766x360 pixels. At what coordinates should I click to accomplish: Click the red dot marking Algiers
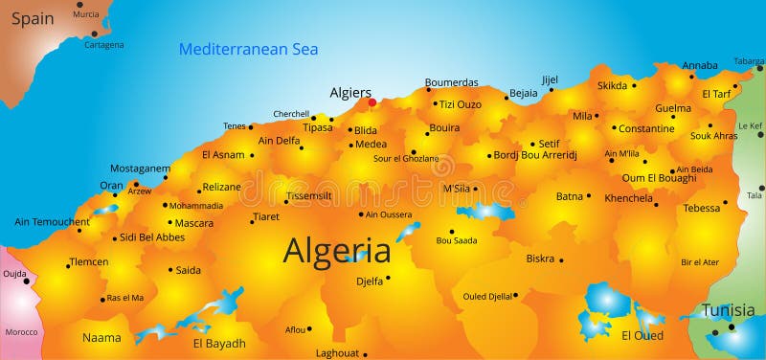(372, 101)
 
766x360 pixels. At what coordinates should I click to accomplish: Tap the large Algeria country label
(337, 251)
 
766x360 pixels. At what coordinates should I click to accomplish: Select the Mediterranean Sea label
(249, 49)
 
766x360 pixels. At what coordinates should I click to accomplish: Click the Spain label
(33, 18)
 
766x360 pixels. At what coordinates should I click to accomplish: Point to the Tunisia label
(728, 310)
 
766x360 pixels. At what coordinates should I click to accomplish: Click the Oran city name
(111, 186)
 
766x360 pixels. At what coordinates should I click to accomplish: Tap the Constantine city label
(646, 128)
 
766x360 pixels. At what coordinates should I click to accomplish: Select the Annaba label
(700, 66)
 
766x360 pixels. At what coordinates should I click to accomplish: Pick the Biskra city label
(540, 259)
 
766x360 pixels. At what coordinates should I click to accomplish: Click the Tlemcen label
(89, 261)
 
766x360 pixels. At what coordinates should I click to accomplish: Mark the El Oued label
(642, 335)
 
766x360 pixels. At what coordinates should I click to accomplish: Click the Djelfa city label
(369, 281)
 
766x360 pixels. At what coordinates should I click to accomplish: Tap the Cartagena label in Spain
(103, 45)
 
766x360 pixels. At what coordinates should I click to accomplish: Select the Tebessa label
(701, 208)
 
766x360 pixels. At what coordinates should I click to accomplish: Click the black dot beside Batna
(589, 196)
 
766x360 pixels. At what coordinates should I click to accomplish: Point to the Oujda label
(14, 273)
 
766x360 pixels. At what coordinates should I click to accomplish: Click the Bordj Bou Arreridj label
(535, 155)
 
